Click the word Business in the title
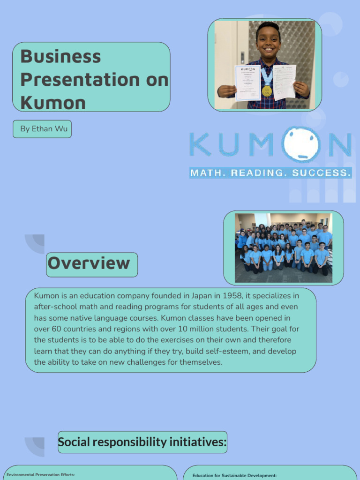[x=60, y=57]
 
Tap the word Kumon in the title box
[x=53, y=103]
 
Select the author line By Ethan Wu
[x=44, y=128]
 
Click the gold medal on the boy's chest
[x=267, y=90]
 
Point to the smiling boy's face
[x=269, y=41]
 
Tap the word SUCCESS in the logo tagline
[x=321, y=173]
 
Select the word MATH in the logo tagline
[x=208, y=173]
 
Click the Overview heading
[x=89, y=263]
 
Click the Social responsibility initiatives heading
[x=142, y=442]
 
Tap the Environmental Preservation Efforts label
[x=41, y=475]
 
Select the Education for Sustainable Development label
[x=234, y=475]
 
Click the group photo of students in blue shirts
[x=284, y=248]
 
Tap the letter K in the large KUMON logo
[x=200, y=144]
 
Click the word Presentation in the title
[x=80, y=80]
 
